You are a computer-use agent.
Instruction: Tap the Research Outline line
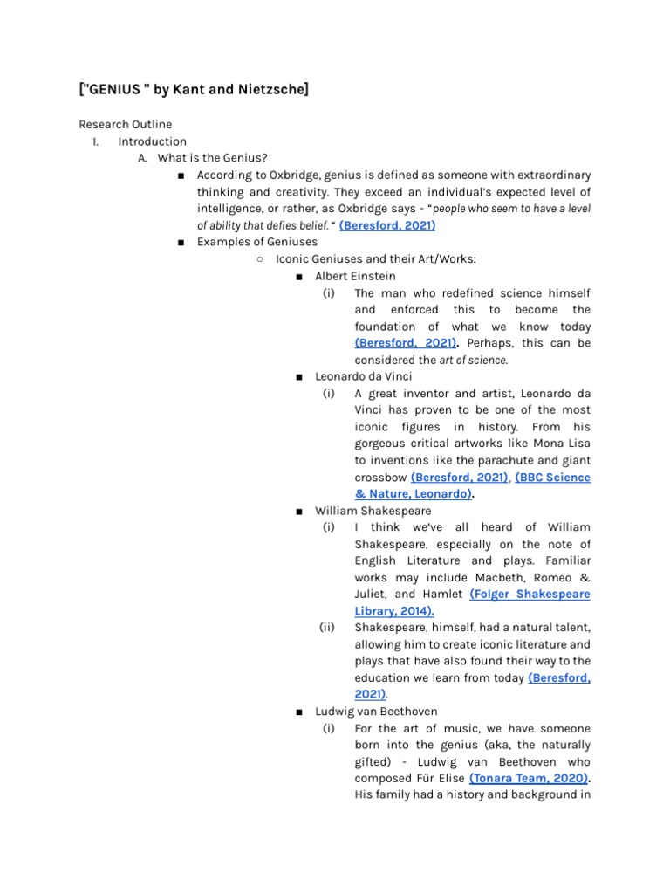125,125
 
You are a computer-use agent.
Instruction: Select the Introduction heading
152,141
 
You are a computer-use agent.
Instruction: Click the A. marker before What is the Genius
143,158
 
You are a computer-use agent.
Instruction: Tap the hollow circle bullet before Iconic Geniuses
260,259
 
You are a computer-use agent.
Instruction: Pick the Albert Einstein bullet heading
355,276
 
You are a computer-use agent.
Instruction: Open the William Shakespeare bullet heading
373,511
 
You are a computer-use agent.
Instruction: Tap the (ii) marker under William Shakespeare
328,628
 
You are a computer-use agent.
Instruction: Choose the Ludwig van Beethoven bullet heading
376,712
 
